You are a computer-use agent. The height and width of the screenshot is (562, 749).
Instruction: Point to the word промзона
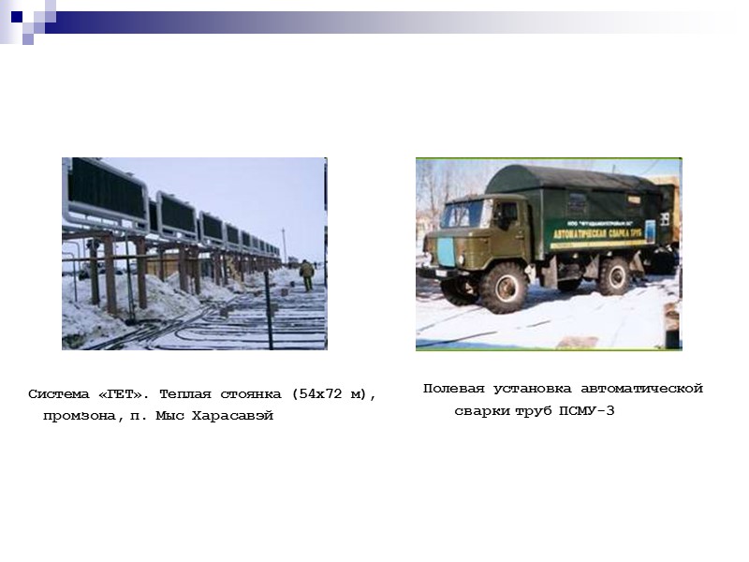click(80, 416)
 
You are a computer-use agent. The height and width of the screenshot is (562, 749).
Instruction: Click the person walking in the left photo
click(306, 274)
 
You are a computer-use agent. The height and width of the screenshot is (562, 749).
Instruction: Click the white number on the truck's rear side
click(665, 217)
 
